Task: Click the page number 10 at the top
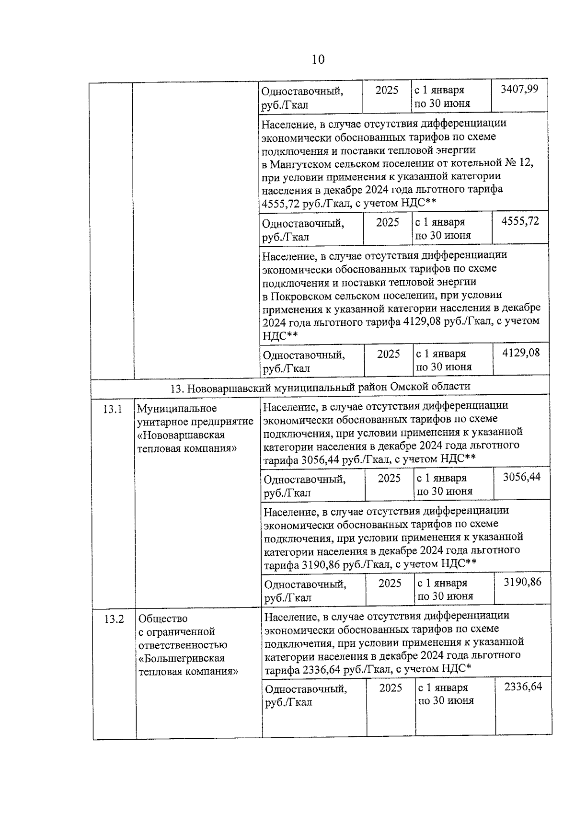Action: pos(318,59)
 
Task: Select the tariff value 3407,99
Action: pos(519,89)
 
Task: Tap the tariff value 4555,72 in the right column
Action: pos(520,221)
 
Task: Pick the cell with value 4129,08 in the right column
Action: pos(520,353)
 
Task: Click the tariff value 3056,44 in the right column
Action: pos(521,477)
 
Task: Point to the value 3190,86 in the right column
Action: pos(522,582)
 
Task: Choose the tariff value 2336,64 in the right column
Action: pos(523,687)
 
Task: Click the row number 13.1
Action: pos(113,410)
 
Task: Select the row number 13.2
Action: pos(114,619)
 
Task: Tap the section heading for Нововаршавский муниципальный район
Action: pos(320,387)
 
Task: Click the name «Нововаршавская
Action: pos(181,435)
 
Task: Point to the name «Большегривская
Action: pos(182,659)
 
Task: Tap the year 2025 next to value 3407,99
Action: pos(387,90)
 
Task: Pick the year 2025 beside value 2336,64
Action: pos(391,688)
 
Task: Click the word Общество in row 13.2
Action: pos(163,619)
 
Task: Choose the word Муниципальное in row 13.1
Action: pos(177,409)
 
